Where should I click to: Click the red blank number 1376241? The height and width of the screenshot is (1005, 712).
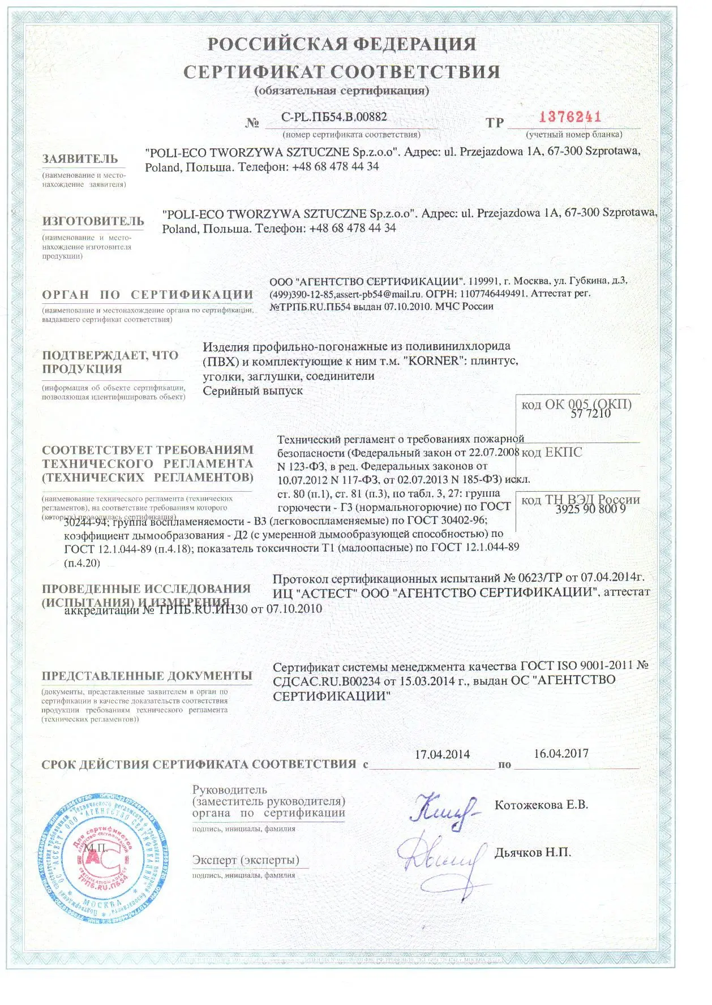(x=570, y=117)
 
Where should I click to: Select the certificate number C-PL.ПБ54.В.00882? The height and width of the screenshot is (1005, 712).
(x=334, y=117)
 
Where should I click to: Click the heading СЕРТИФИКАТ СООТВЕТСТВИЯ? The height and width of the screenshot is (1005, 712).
(x=342, y=72)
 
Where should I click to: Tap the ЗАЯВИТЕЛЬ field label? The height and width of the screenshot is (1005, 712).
(x=80, y=159)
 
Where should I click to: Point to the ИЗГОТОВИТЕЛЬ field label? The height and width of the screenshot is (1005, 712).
(x=93, y=221)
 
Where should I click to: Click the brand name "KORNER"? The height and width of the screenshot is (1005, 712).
(x=432, y=361)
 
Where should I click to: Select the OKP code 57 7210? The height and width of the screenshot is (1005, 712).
(x=590, y=414)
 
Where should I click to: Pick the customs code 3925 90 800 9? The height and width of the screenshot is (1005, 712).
(x=590, y=509)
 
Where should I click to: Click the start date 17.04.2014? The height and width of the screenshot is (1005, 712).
(x=442, y=754)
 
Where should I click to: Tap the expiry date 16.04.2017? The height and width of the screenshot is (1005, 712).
(x=561, y=753)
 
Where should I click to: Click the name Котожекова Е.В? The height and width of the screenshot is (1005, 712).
(x=541, y=805)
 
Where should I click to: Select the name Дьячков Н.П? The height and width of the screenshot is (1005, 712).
(x=533, y=852)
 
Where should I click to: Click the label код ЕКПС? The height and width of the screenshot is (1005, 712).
(x=551, y=452)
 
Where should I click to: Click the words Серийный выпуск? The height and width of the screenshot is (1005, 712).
(x=252, y=390)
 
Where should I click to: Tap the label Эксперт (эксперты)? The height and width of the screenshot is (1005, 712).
(x=246, y=860)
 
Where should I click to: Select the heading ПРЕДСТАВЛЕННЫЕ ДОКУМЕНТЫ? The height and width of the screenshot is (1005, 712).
(x=147, y=676)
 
